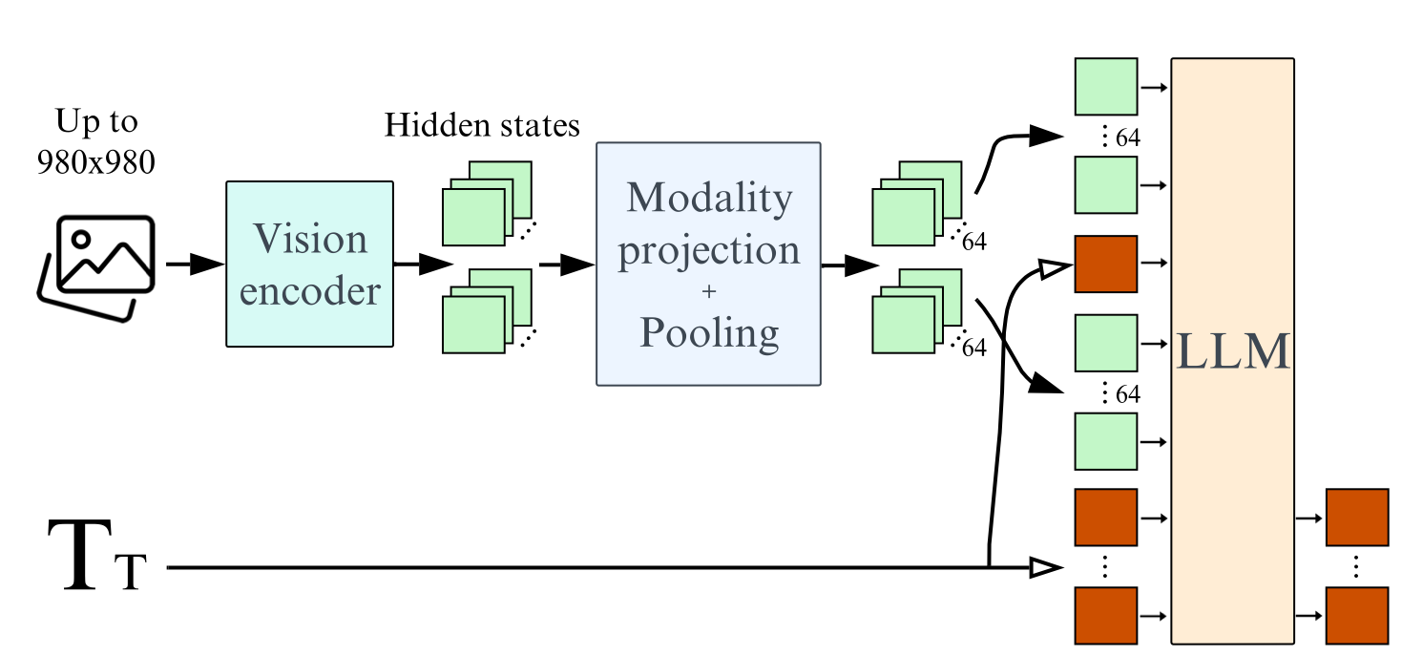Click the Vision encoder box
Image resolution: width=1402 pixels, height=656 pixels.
(x=309, y=264)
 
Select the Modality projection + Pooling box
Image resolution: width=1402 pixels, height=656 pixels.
(x=708, y=264)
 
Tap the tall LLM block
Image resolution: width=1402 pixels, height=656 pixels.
(x=1232, y=350)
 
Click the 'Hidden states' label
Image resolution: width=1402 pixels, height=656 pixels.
(x=482, y=126)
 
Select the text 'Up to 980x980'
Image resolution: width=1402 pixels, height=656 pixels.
(x=95, y=142)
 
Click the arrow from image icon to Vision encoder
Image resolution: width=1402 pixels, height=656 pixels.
(x=195, y=265)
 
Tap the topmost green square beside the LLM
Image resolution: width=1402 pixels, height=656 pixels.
(x=1105, y=87)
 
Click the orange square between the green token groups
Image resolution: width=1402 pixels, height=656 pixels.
(x=1105, y=263)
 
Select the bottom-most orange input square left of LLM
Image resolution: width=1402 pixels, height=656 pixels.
(x=1105, y=616)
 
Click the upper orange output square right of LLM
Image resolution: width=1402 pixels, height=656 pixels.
(x=1356, y=517)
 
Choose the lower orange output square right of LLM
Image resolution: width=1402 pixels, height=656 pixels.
(x=1356, y=616)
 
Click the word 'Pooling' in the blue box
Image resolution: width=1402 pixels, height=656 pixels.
(x=708, y=332)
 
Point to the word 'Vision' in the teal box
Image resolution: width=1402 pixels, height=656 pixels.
(x=309, y=239)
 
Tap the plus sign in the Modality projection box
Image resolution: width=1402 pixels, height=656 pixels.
(x=708, y=292)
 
